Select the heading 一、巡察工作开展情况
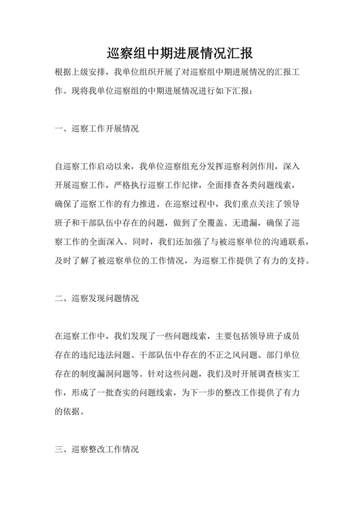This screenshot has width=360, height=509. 96,129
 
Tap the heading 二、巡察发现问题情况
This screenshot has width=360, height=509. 96,298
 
